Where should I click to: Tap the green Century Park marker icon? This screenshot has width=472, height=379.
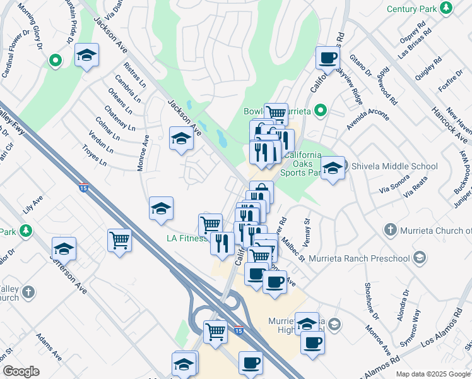[447, 8]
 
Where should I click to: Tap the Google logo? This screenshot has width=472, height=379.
[21, 371]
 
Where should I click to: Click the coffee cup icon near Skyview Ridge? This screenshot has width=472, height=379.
[327, 58]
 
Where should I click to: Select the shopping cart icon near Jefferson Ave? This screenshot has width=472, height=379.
[119, 240]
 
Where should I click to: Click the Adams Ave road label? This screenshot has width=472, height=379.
[49, 347]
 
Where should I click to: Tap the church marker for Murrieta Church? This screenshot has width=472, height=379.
[391, 230]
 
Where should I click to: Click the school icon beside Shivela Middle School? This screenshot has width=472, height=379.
[333, 168]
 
